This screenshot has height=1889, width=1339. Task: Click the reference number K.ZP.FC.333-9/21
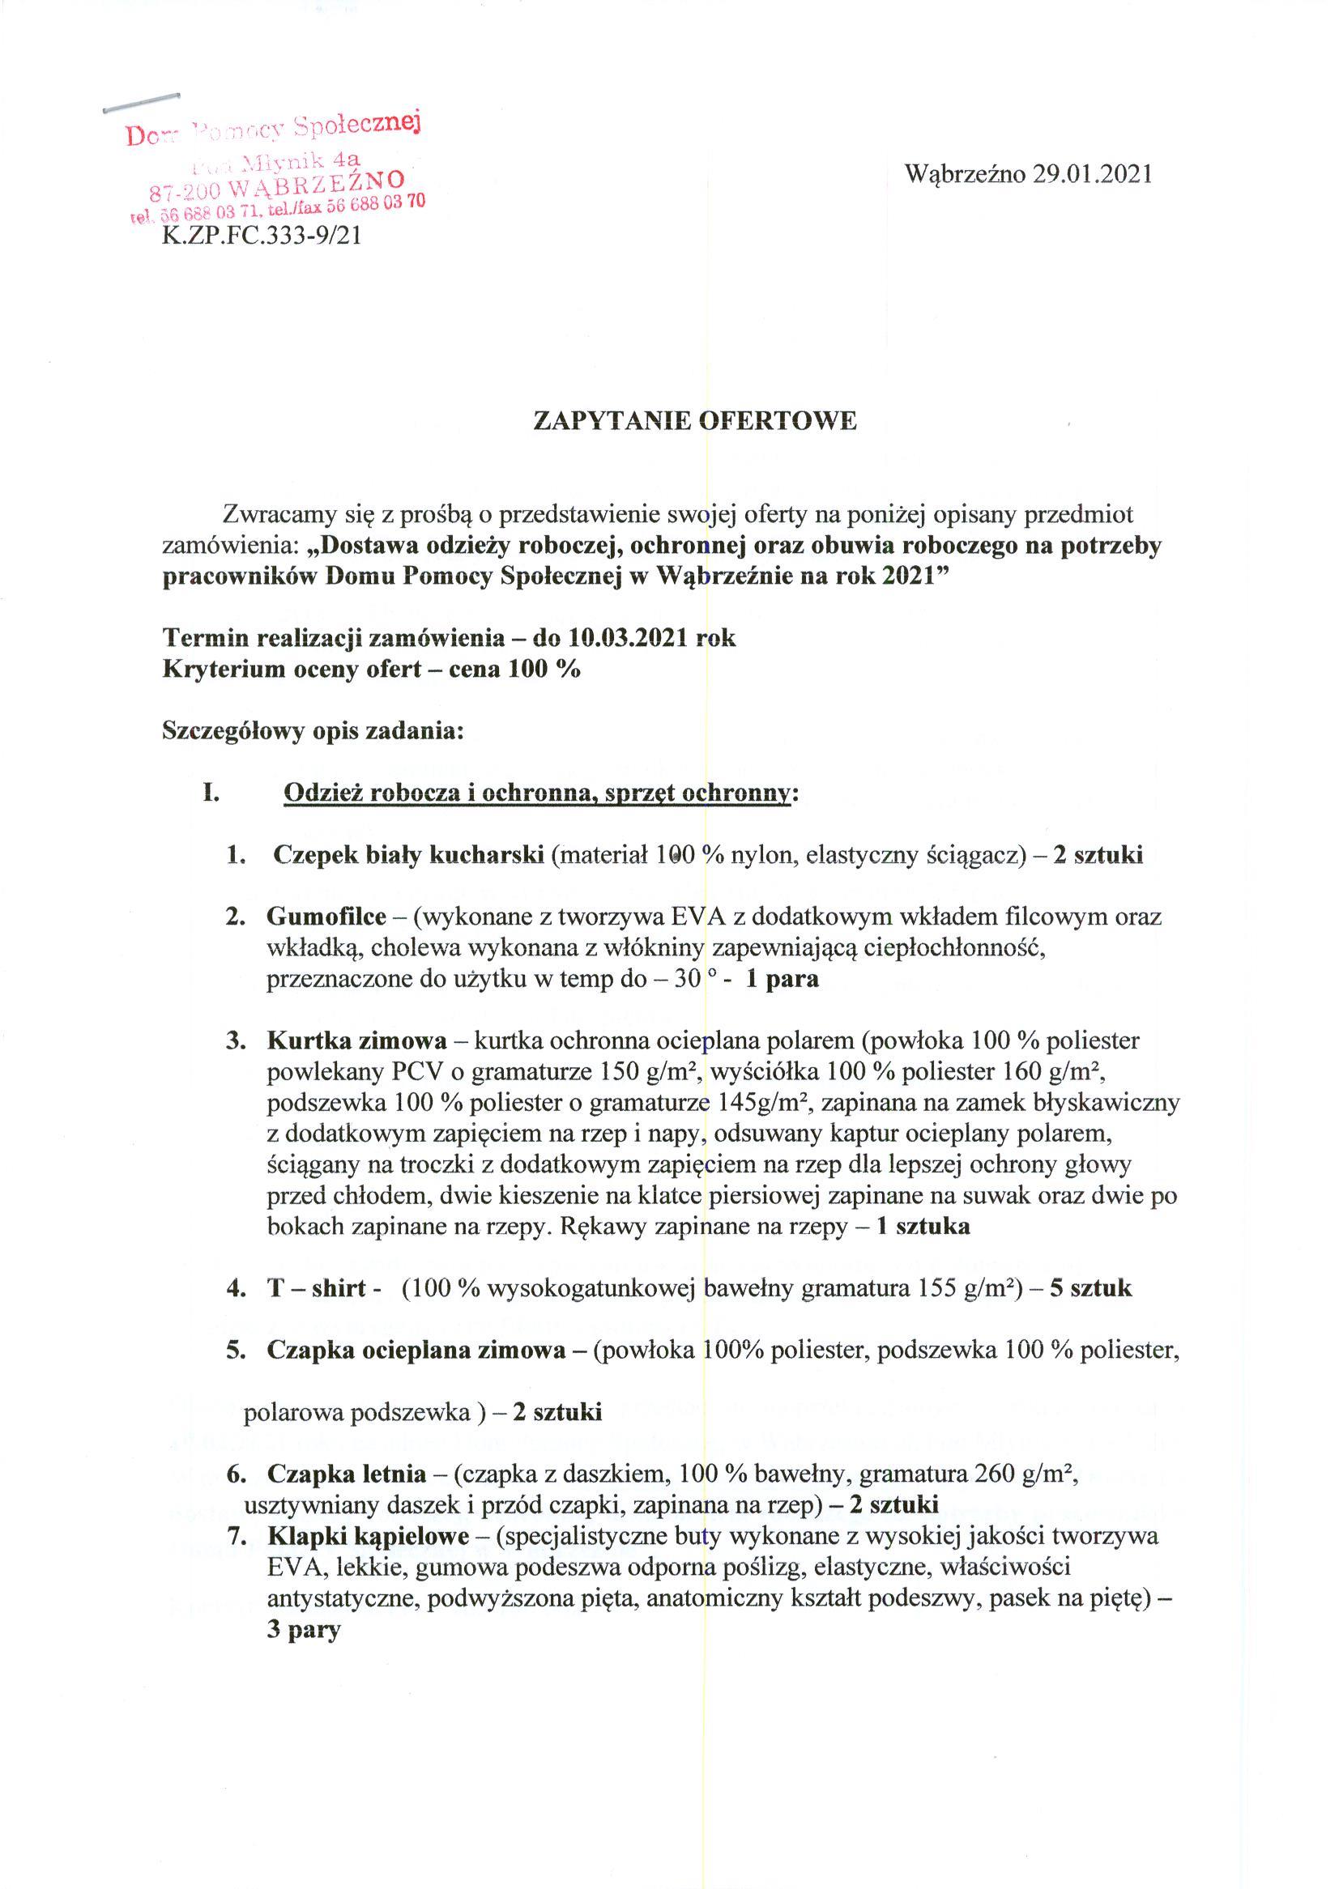click(x=262, y=236)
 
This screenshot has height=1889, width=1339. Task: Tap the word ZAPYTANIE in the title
click(x=611, y=421)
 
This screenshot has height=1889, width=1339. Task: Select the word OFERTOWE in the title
click(x=778, y=421)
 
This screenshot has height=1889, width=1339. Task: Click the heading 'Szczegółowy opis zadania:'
click(x=313, y=731)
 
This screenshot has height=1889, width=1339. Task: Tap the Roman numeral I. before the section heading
click(x=211, y=793)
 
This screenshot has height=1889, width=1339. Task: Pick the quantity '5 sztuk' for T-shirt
click(x=1090, y=1287)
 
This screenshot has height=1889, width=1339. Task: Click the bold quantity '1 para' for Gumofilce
click(x=782, y=979)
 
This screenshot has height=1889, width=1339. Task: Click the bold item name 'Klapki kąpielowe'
click(x=368, y=1536)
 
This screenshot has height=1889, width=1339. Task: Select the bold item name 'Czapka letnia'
click(x=348, y=1474)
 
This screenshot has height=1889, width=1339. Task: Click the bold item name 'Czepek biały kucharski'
click(x=408, y=855)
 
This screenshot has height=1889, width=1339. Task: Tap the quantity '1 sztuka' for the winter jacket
click(x=923, y=1227)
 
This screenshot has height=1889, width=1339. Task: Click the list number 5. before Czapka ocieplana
click(x=236, y=1350)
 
